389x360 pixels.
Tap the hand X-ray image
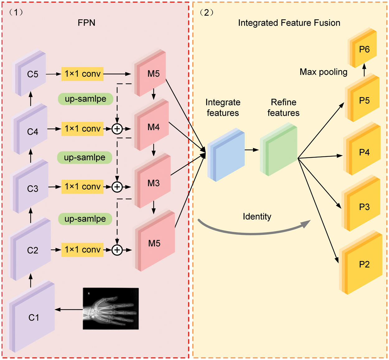[110, 309]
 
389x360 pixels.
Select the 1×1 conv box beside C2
[82, 250]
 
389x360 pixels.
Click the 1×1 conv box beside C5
[82, 74]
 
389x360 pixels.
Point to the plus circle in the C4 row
[117, 129]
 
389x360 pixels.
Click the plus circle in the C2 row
[117, 250]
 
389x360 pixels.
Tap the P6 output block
[363, 49]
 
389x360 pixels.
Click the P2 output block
[363, 264]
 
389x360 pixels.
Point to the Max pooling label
[323, 72]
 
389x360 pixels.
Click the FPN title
[87, 23]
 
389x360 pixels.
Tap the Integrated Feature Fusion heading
[289, 23]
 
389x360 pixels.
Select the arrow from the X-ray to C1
[69, 310]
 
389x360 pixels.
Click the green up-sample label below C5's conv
[86, 99]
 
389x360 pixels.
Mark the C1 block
[33, 317]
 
